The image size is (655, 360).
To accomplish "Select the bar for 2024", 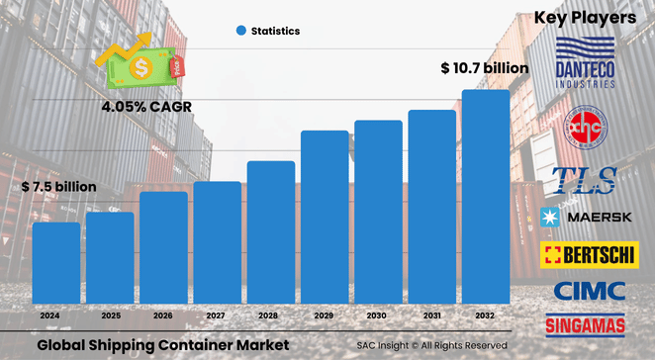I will coord(56,264).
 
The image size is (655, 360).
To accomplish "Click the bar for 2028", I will coord(271,233).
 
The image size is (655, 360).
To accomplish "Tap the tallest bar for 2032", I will coord(486,198).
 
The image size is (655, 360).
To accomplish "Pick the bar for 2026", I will coord(163,249).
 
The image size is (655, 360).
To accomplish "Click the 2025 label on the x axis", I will coord(110,315).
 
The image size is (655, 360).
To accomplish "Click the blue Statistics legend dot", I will coord(240,31).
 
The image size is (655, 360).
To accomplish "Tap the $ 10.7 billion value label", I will coord(484,68).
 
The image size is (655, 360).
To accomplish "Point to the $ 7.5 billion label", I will coord(59,186).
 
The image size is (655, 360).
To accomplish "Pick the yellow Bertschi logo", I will coord(587,254).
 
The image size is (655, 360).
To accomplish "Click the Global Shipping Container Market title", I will coord(156,344).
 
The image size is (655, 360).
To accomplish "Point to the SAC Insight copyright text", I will coord(432,345).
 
